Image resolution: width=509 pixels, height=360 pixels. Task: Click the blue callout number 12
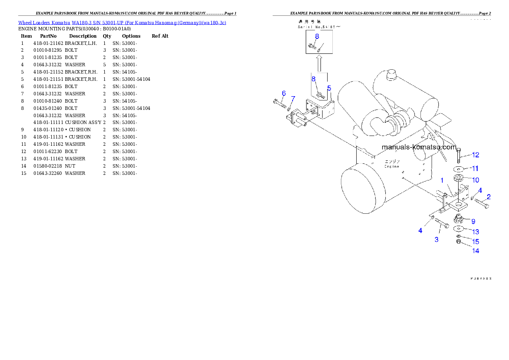click(475, 155)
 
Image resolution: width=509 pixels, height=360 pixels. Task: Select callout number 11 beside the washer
click(475, 168)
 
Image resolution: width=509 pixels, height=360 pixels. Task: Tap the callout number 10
click(475, 180)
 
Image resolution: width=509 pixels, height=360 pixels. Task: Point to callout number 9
click(473, 221)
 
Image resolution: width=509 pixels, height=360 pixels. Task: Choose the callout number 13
click(475, 232)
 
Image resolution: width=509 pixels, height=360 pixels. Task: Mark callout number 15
click(475, 242)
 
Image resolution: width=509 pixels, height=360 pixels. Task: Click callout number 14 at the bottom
click(475, 251)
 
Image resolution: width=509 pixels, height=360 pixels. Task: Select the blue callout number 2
click(488, 197)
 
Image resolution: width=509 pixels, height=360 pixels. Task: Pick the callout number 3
click(436, 239)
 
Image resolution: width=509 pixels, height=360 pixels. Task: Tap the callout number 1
click(442, 181)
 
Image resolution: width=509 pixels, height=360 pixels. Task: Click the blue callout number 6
click(284, 93)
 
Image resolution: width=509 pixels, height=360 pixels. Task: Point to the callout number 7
click(293, 99)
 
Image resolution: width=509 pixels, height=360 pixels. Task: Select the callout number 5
click(329, 88)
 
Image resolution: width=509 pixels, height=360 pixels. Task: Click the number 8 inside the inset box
click(317, 36)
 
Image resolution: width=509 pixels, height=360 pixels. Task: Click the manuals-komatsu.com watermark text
click(419, 147)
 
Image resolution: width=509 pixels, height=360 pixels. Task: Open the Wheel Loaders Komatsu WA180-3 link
click(122, 23)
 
